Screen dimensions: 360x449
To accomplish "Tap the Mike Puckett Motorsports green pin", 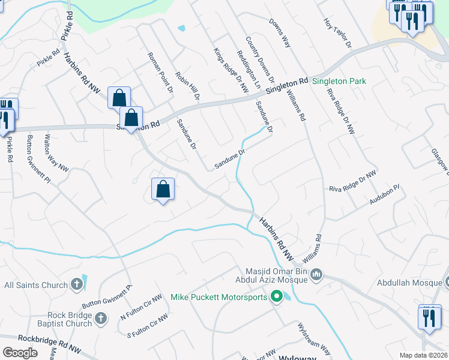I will (276, 296).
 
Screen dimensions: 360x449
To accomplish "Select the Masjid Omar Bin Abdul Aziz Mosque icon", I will (317, 275).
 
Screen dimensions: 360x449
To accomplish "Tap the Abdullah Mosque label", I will (412, 283).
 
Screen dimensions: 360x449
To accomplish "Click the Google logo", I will (20, 352).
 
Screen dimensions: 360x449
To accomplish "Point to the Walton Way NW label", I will (56, 154).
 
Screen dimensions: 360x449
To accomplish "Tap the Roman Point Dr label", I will (160, 72).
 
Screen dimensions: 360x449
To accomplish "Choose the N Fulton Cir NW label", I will (141, 307).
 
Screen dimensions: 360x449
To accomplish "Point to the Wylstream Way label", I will (314, 339).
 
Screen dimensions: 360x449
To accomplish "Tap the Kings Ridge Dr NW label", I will (231, 71).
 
